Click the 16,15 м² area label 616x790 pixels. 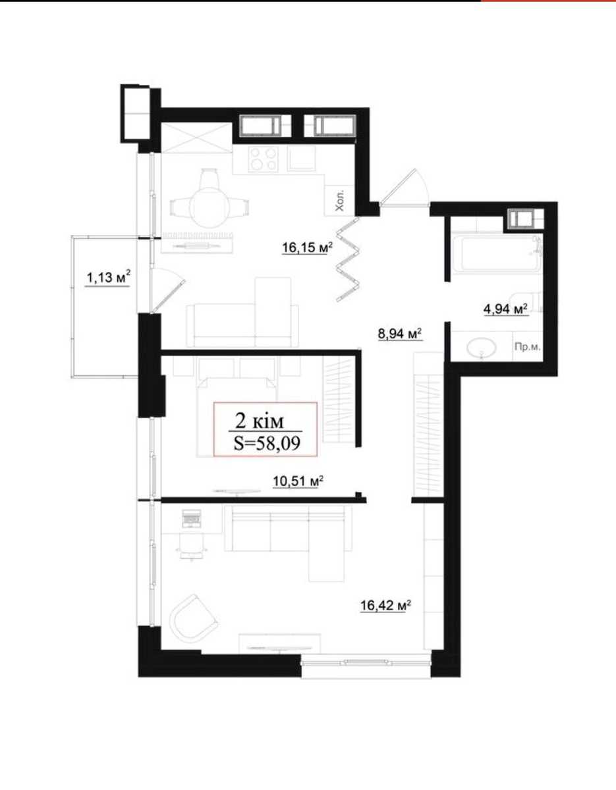308,248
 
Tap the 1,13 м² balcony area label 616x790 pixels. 108,278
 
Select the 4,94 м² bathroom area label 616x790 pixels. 506,309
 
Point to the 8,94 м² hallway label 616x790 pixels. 400,333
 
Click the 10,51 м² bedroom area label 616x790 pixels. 298,481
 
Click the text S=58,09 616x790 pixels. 267,443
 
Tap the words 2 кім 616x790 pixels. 260,422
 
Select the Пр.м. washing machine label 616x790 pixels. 527,347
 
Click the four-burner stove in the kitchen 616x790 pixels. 263,160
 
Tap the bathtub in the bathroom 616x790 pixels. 497,254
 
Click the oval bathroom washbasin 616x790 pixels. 481,349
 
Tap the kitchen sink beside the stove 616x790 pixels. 301,159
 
